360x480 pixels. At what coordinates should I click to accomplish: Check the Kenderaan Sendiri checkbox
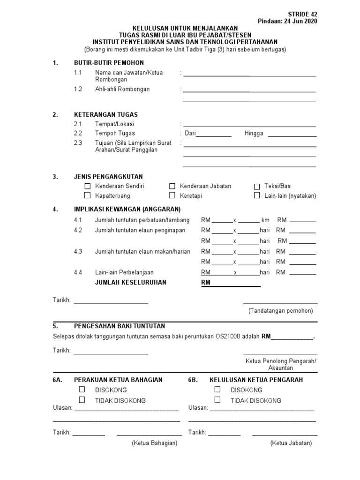87,186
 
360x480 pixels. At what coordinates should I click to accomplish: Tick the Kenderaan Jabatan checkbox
172,186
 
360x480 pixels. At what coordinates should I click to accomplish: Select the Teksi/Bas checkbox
256,186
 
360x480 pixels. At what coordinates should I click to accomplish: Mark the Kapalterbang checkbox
87,195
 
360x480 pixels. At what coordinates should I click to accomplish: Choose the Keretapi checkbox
172,195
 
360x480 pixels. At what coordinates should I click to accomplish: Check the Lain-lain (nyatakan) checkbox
256,195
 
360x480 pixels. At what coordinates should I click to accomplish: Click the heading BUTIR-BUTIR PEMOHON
109,63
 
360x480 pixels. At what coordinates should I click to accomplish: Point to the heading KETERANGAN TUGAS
106,114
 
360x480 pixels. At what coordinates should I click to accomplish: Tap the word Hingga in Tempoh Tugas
254,134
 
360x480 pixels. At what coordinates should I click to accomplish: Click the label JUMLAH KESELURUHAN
130,283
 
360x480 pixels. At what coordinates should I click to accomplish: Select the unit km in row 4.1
266,220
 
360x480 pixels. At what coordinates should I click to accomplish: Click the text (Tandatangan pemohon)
280,311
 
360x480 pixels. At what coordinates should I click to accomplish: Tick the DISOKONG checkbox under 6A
82,390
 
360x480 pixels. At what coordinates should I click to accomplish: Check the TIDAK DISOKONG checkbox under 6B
217,400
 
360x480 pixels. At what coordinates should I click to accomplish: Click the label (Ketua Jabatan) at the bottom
291,443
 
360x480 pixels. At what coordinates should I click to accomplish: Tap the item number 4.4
78,272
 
